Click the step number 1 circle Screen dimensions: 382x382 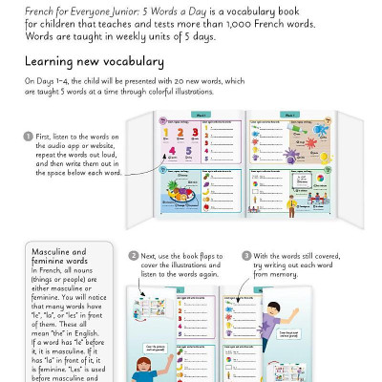point(28,136)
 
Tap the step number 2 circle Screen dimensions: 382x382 point(134,256)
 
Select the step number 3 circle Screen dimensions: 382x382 point(246,256)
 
